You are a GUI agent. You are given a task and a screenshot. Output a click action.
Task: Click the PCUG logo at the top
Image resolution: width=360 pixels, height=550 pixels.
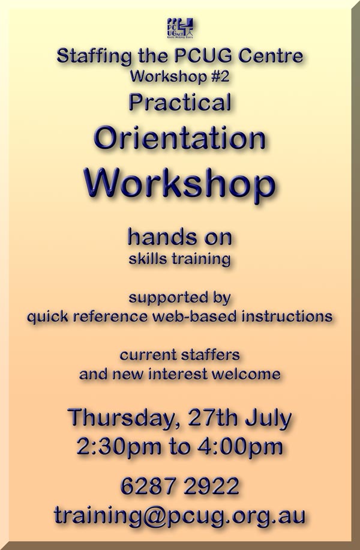[x=180, y=28]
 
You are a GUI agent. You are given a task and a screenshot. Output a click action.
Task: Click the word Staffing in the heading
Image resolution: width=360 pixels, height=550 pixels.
[x=94, y=56]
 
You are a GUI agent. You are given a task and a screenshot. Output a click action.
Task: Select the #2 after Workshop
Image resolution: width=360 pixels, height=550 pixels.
[x=220, y=76]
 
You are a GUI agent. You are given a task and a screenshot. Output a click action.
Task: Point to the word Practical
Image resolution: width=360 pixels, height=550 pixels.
[x=180, y=102]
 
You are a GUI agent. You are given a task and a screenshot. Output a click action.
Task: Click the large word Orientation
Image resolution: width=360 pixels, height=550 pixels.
[x=179, y=138]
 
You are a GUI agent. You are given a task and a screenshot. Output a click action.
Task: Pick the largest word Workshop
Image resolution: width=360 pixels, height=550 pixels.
[x=179, y=184]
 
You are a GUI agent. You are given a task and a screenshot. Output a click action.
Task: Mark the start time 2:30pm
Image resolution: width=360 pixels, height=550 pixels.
[x=119, y=447]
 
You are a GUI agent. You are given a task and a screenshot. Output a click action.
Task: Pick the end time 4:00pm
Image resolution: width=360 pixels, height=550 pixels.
[x=240, y=447]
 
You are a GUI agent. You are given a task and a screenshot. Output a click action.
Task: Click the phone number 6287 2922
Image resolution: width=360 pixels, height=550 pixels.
[x=180, y=486]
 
